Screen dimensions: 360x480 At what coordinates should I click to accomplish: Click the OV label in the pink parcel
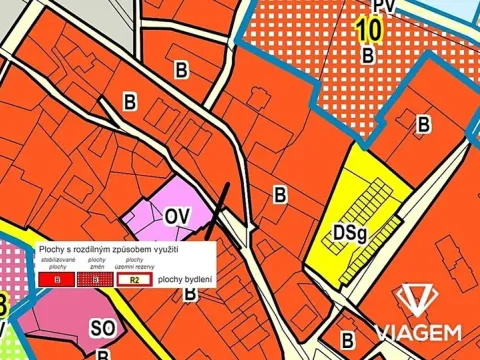(x=177, y=215)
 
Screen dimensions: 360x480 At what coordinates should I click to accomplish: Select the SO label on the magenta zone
(x=102, y=327)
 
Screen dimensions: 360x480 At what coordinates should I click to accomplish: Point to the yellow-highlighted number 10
(x=367, y=30)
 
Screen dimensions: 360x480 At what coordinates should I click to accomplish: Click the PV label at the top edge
(x=383, y=7)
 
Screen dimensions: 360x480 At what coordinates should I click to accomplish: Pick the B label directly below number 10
(x=368, y=56)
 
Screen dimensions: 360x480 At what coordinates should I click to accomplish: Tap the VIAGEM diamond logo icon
(x=418, y=301)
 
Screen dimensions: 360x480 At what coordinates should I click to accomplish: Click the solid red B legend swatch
(x=57, y=281)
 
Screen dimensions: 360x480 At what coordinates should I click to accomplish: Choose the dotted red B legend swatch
(x=97, y=281)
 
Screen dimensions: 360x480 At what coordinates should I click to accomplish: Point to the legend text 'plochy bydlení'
(x=184, y=281)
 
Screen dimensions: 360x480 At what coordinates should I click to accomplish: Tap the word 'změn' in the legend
(x=97, y=266)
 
